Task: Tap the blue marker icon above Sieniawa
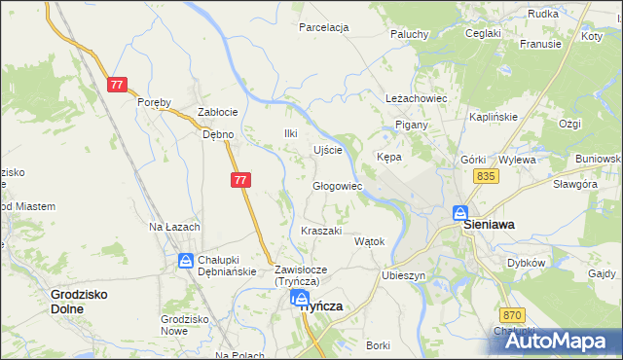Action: [x=460, y=214]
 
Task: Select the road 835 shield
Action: [x=487, y=175]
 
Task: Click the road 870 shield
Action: [x=514, y=315]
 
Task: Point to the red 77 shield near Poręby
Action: [x=117, y=85]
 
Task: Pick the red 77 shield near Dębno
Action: [x=241, y=180]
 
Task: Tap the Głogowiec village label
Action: [x=338, y=186]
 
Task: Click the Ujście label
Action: [x=327, y=150]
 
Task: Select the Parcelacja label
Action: [x=324, y=27]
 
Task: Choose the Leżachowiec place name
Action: [x=416, y=99]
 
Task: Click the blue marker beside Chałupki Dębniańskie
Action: [x=186, y=260]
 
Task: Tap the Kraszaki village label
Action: [x=321, y=231]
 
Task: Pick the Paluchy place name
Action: [x=410, y=34]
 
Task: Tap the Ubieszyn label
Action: [x=405, y=275]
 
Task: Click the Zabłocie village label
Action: [x=217, y=112]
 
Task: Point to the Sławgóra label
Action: [x=574, y=184]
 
